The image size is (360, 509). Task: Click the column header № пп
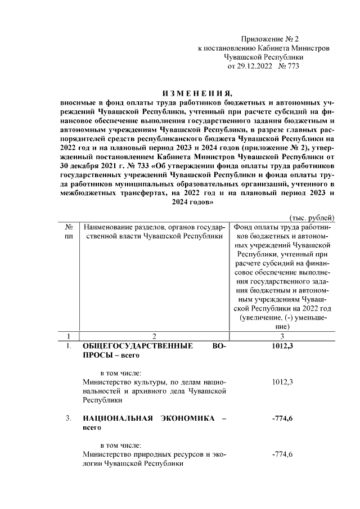[69, 232]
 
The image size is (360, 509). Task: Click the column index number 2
[154, 336]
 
